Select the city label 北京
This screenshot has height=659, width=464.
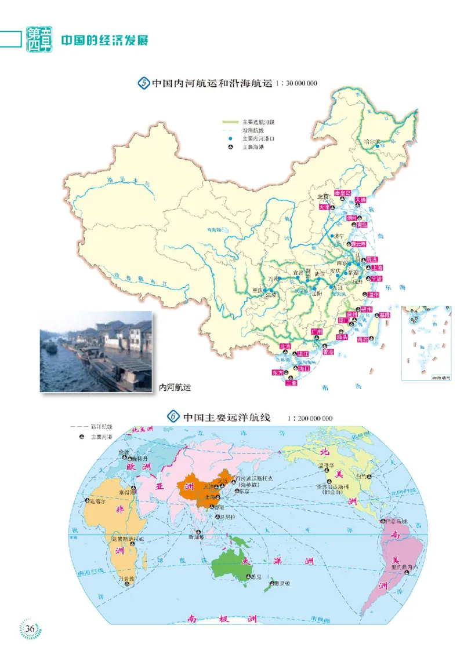tap(323, 196)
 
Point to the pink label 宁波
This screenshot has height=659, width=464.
tap(376, 279)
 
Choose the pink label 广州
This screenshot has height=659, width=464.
tap(316, 331)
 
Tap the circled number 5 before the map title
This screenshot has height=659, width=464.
tap(144, 83)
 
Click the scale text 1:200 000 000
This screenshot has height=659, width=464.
tap(310, 418)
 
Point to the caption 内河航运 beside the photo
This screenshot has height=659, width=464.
tap(175, 387)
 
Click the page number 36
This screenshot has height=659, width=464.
tap(31, 629)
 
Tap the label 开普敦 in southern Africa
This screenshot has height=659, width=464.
tap(126, 578)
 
